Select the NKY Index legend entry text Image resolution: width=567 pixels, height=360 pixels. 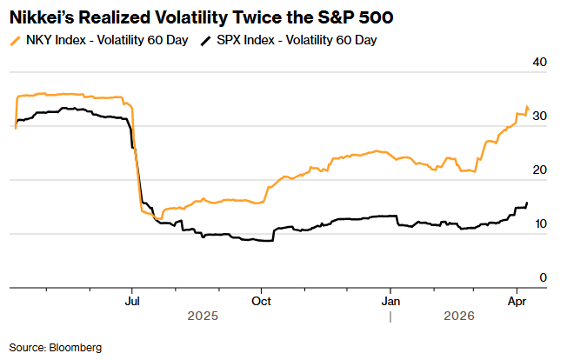pyautogui.click(x=106, y=40)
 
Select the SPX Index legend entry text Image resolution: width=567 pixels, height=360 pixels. pyautogui.click(x=295, y=40)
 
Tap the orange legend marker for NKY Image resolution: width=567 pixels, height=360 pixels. pyautogui.click(x=16, y=40)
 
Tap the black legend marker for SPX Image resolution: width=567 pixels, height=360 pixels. pyautogui.click(x=205, y=40)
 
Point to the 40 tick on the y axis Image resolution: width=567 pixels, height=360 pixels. pyautogui.click(x=540, y=63)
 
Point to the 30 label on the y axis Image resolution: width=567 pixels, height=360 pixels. pyautogui.click(x=540, y=117)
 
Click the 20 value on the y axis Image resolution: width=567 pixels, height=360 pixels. pyautogui.click(x=540, y=170)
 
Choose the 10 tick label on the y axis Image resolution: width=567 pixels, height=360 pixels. pyautogui.click(x=540, y=224)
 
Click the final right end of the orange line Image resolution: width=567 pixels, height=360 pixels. pyautogui.click(x=528, y=109)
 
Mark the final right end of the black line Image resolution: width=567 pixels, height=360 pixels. pyautogui.click(x=527, y=203)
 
